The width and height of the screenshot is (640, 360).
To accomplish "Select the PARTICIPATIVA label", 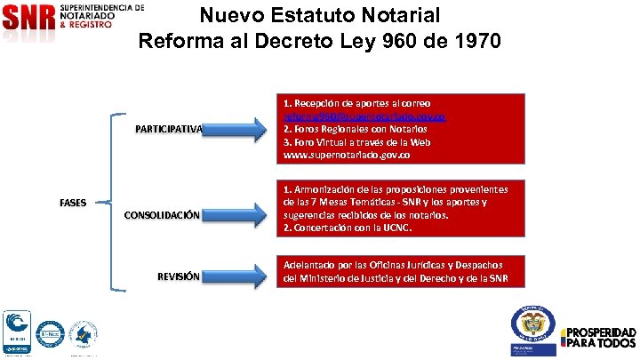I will pyautogui.click(x=169, y=130).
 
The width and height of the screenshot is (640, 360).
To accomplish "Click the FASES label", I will pyautogui.click(x=73, y=203).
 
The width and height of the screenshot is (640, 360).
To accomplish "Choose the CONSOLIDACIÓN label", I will pyautogui.click(x=161, y=215).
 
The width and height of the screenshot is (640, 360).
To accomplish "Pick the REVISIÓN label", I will pyautogui.click(x=178, y=276).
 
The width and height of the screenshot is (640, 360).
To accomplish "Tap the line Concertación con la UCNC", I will pyautogui.click(x=350, y=228).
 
